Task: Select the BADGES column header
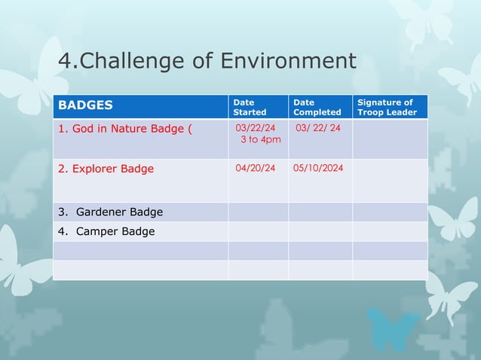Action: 86,106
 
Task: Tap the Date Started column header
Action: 250,107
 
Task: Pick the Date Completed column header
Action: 317,107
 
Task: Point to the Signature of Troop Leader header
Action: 387,107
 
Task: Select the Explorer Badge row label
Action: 106,169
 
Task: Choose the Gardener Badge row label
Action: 111,212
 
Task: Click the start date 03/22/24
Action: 256,128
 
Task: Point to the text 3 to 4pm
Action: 261,140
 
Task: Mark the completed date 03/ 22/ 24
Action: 318,128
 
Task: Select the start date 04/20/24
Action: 256,168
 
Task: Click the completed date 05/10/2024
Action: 319,168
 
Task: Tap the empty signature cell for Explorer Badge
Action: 390,182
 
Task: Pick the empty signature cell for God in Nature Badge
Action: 390,139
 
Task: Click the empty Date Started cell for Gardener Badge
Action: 258,212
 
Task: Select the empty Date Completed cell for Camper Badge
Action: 320,231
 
